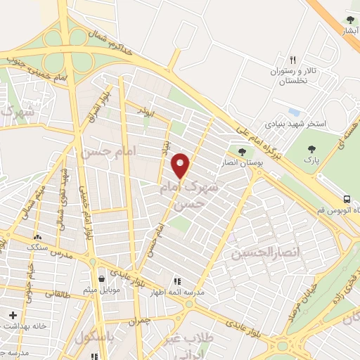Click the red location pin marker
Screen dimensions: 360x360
(x=181, y=165)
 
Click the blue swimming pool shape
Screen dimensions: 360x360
(x=294, y=112)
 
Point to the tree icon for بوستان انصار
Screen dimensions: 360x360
(x=242, y=151)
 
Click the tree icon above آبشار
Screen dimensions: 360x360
(x=350, y=20)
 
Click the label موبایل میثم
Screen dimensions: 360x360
(x=103, y=289)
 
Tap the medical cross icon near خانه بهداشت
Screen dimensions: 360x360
(x=11, y=315)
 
